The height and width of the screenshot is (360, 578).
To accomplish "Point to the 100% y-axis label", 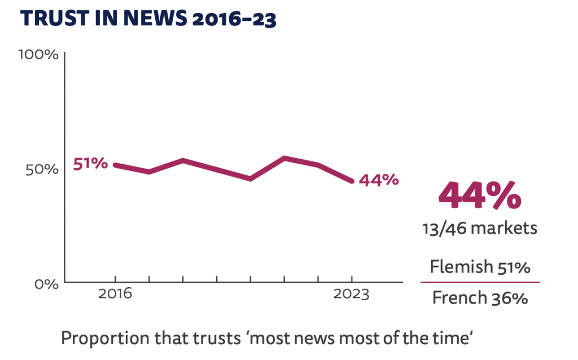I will tap(38, 55).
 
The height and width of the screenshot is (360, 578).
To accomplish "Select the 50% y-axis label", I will tap(42, 169).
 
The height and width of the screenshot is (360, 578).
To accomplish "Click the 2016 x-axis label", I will tap(116, 295).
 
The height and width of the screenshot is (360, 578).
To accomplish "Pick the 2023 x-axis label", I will tap(352, 295).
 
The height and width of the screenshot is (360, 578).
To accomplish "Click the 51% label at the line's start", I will tap(90, 164).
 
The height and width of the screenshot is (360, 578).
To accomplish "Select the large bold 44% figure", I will tap(480, 195).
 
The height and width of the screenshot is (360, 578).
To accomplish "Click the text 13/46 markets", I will tap(480, 229).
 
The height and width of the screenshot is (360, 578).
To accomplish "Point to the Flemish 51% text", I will tap(480, 267).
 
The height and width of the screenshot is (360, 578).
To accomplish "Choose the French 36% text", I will tap(480, 297).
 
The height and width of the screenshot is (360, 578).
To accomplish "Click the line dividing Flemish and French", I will tap(480, 282).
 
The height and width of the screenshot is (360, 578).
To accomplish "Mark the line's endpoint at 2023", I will tap(352, 181).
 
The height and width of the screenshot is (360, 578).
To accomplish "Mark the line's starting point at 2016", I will tap(115, 165).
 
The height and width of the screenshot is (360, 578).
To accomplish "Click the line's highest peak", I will tap(284, 158).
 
